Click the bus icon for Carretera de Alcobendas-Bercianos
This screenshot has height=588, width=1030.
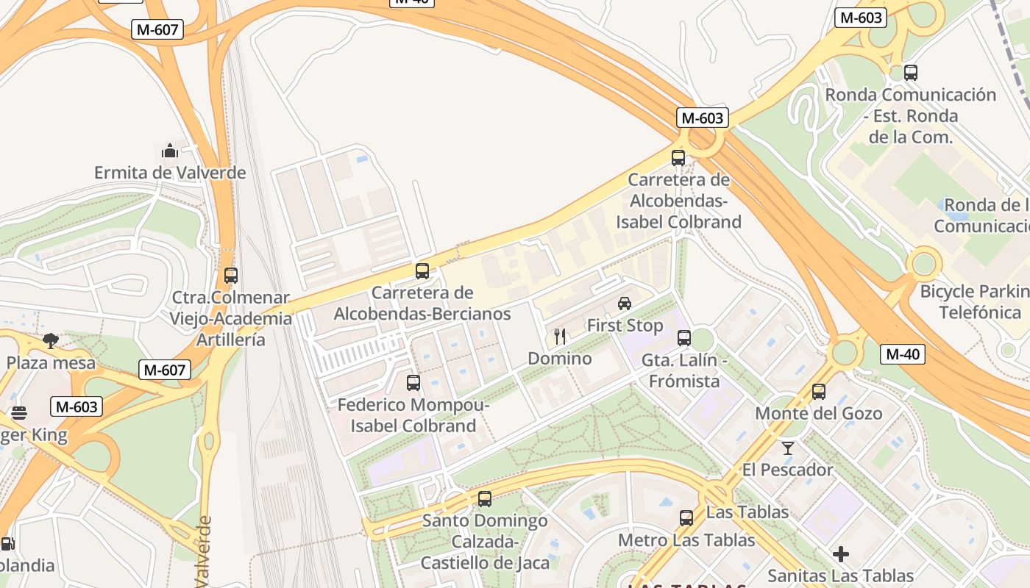[422, 270]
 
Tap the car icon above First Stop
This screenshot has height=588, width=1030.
[625, 303]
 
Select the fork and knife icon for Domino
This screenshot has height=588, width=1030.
[560, 337]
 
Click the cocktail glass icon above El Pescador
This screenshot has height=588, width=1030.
[788, 448]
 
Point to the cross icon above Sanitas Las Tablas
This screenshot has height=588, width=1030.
[841, 553]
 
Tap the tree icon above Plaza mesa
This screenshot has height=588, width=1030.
[51, 340]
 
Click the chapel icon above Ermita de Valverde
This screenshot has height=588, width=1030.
[170, 151]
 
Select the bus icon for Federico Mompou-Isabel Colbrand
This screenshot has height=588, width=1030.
[413, 382]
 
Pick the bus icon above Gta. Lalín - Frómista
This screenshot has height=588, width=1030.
[684, 338]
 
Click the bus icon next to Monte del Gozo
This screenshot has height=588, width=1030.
[819, 392]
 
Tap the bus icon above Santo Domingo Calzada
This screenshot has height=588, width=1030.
[485, 499]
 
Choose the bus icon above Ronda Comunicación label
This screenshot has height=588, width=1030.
[911, 73]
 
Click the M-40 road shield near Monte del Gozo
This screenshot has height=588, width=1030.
[902, 354]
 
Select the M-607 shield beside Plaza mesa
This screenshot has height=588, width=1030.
[164, 370]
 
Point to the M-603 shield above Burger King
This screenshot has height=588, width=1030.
[77, 406]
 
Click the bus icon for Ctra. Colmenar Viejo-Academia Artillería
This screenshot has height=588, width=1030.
[231, 276]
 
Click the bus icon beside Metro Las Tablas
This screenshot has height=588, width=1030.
[686, 518]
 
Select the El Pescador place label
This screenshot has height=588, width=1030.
[787, 470]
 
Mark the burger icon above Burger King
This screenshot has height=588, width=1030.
[19, 413]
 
